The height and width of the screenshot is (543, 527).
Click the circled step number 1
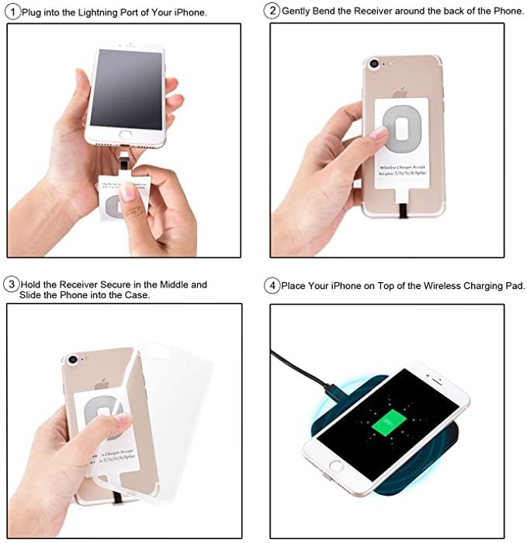pos(13,12)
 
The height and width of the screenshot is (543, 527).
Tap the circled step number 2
pos(272,11)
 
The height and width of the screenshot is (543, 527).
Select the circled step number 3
pos(12,284)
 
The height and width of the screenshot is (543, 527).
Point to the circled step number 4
pos(272,286)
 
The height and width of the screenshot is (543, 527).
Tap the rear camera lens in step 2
pos(376,63)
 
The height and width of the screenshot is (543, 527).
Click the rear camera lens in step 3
pos(73,360)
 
